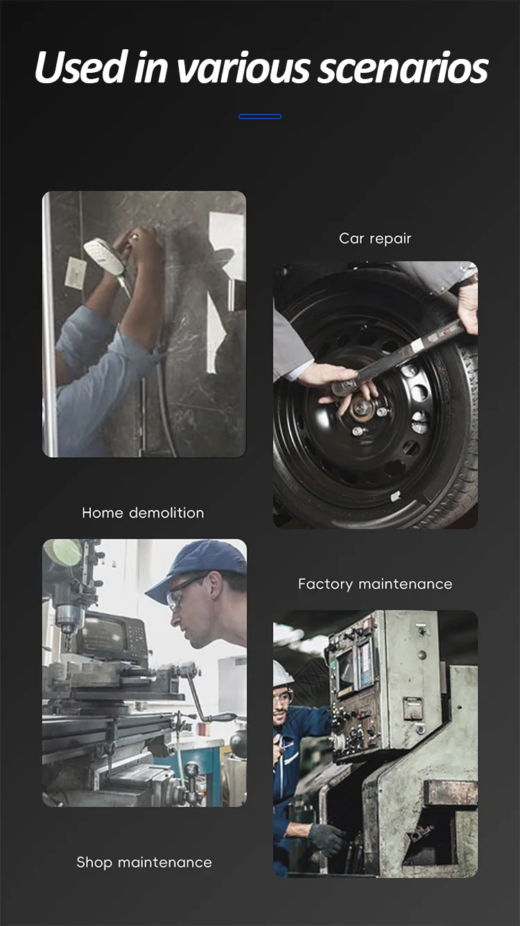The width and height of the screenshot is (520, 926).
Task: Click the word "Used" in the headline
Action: coord(80,67)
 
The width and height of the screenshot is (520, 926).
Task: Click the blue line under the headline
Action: coord(260,117)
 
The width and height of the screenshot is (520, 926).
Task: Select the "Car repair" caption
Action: coord(375,239)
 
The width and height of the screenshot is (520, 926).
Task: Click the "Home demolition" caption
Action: coord(143,513)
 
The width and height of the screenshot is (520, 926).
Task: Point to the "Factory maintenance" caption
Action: coord(375,584)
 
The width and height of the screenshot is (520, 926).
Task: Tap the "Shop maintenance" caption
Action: coord(144,862)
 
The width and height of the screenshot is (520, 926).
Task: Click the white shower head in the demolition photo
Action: coord(105,257)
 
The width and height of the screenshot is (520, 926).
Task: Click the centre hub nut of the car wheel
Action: coord(361,409)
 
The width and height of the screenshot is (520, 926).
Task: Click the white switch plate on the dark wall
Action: coord(76,273)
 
